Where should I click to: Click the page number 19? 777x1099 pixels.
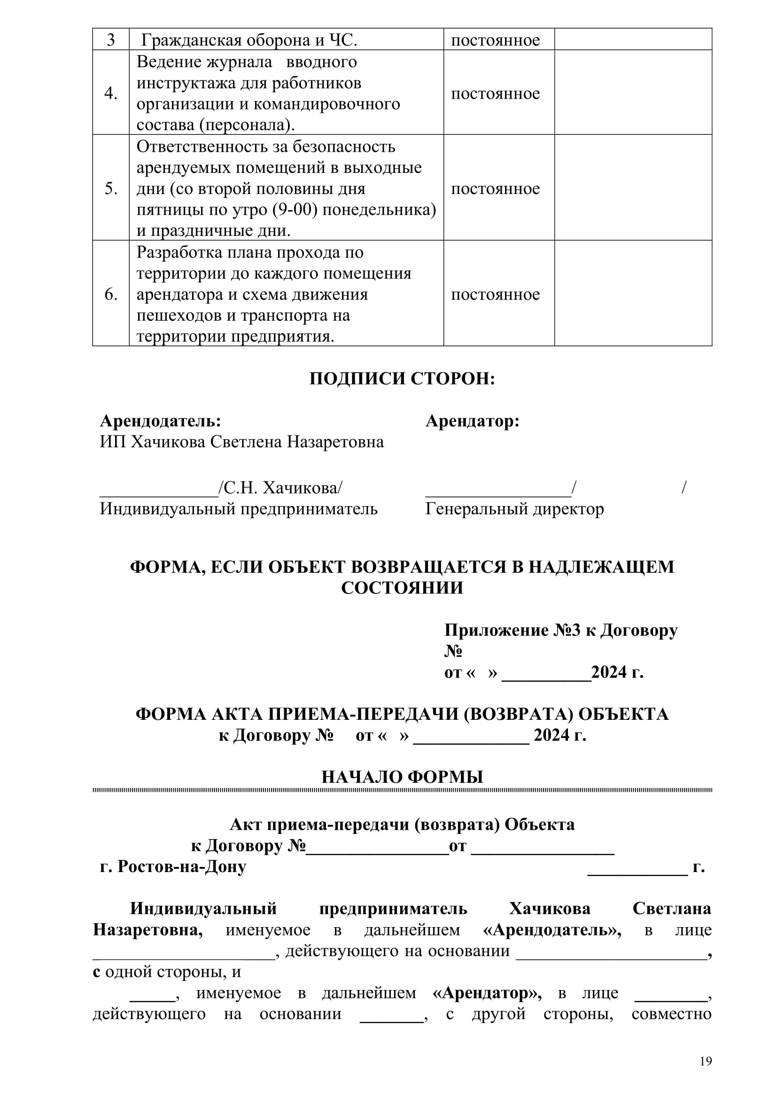706,1061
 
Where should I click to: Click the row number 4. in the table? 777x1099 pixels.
111,93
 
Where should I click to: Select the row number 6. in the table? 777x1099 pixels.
111,295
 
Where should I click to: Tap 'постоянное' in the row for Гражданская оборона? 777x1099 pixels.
495,40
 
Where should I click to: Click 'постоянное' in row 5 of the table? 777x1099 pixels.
495,188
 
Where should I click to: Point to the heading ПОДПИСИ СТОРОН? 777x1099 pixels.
402,379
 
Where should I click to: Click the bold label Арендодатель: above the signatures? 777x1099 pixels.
160,421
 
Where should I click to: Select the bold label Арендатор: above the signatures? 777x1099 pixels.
472,421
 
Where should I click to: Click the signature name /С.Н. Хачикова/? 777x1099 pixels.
280,488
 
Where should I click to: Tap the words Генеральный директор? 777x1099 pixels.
514,508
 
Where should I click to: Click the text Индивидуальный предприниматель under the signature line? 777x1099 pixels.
238,508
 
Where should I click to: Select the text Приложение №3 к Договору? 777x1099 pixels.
561,630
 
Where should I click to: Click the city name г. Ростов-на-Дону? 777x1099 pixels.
173,866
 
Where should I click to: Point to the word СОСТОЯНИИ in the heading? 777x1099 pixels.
402,588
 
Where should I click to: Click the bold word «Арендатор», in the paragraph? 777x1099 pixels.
487,993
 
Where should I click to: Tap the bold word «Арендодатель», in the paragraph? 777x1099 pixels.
552,929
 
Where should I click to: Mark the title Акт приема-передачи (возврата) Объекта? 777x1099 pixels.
402,824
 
